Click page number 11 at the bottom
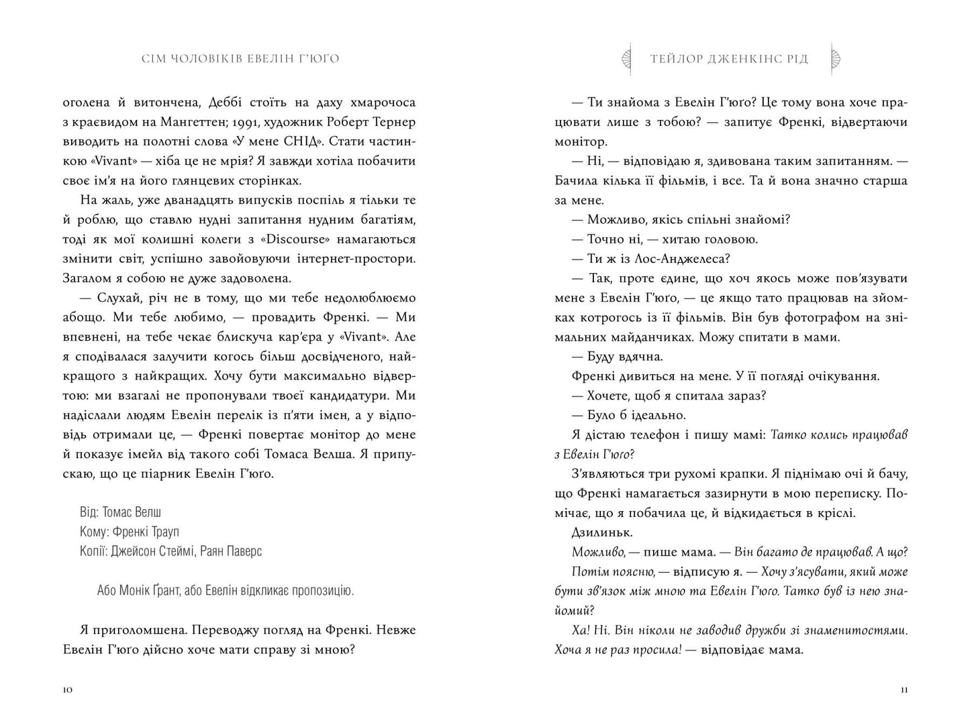(x=902, y=690)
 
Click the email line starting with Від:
(x=121, y=512)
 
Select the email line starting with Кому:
(x=129, y=531)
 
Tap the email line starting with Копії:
(x=171, y=551)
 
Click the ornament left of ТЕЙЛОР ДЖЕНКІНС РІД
(x=628, y=58)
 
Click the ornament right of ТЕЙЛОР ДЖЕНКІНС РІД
(x=836, y=58)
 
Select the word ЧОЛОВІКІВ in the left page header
(x=203, y=58)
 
